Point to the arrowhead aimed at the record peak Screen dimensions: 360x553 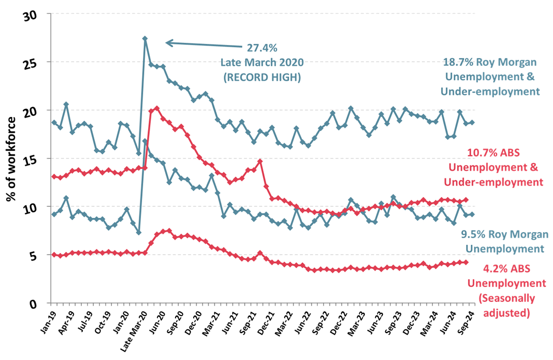click(168, 43)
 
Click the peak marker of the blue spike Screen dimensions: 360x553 click(145, 38)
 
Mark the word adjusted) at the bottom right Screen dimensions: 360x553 click(507, 313)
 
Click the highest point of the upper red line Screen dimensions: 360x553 click(157, 108)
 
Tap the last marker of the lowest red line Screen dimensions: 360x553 click(466, 262)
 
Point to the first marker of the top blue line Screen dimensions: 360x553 click(54, 122)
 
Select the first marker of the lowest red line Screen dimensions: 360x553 click(54, 255)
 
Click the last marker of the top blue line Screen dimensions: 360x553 click(472, 122)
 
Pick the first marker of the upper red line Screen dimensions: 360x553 click(54, 176)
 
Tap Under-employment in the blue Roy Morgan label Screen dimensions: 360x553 click(491, 92)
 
